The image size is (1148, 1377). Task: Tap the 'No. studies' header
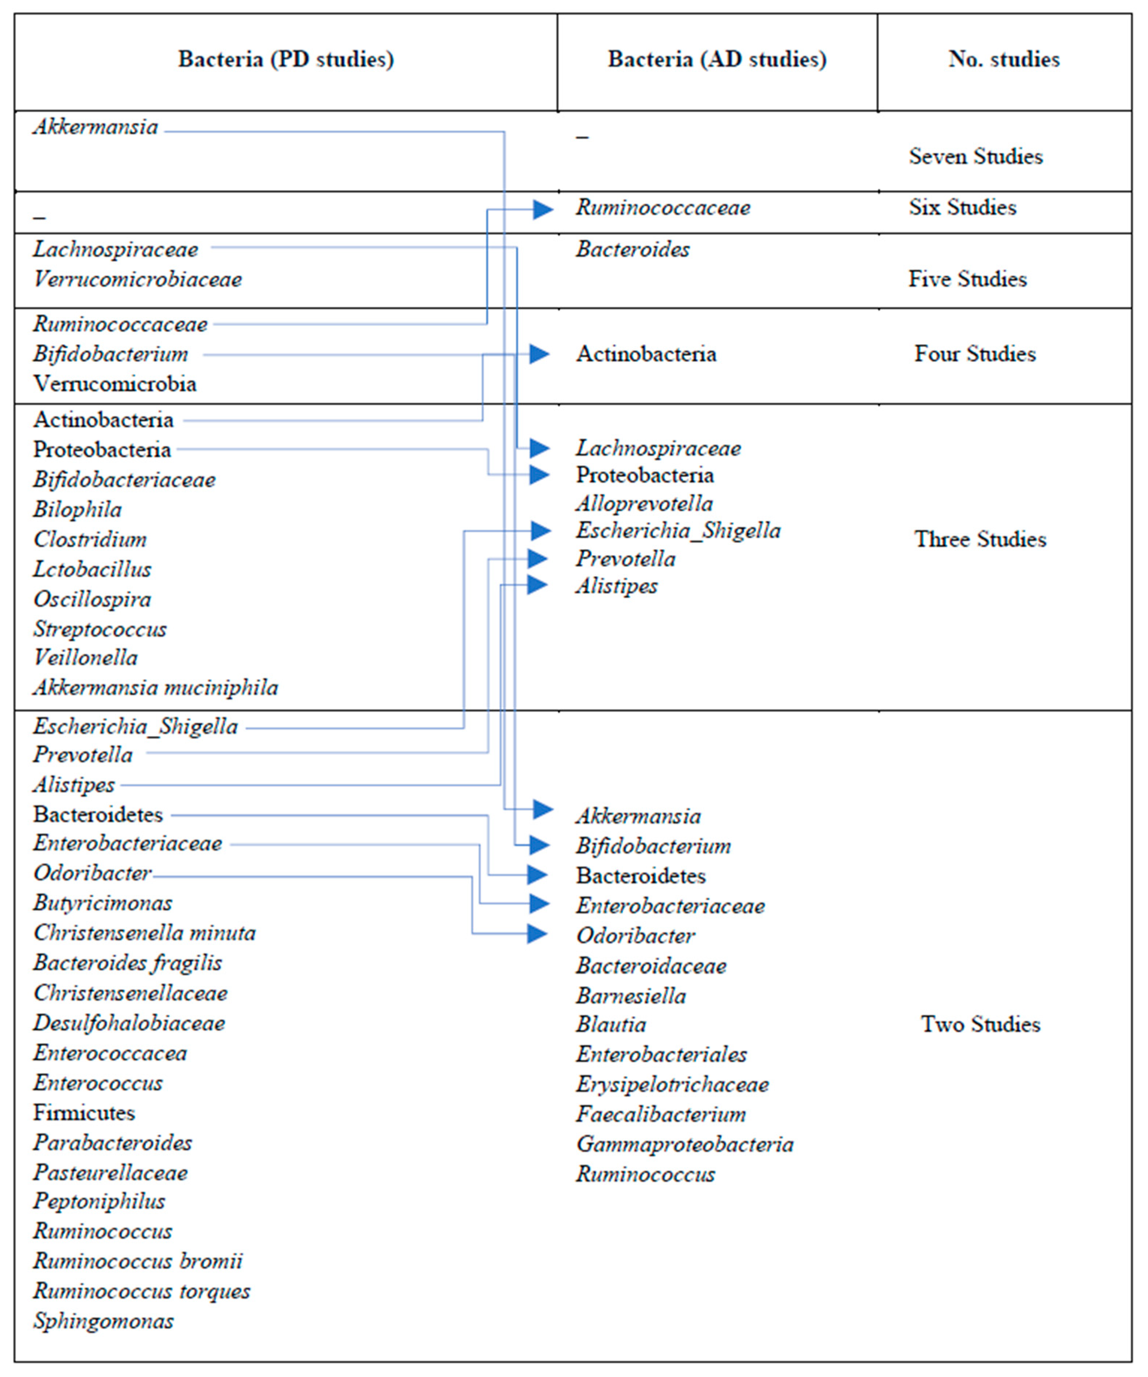click(x=1004, y=59)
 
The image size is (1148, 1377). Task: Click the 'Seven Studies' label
click(x=975, y=157)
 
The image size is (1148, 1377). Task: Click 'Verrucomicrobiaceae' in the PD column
click(x=137, y=280)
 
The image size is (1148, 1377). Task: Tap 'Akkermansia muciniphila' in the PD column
click(x=156, y=688)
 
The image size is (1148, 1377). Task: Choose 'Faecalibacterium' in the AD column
click(x=660, y=1114)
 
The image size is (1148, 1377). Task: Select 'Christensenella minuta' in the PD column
click(x=144, y=933)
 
